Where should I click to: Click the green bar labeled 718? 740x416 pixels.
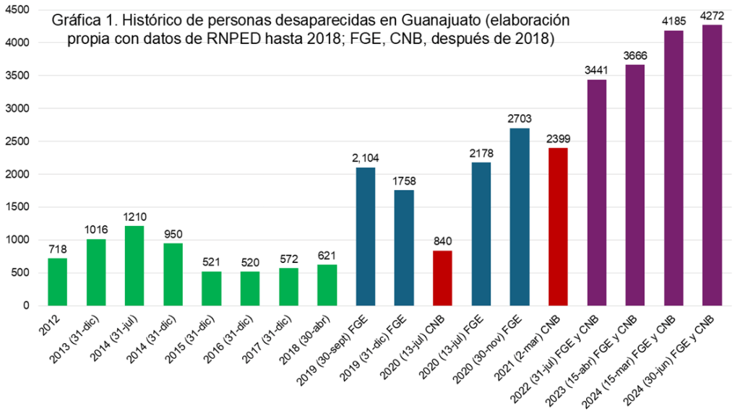[x=58, y=282]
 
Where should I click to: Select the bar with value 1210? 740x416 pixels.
[x=134, y=265]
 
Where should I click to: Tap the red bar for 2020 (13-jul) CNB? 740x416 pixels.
[x=442, y=277]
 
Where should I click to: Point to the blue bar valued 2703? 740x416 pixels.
[x=520, y=217]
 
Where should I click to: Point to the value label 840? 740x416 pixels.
[x=442, y=241]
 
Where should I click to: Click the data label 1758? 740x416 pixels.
[x=404, y=181]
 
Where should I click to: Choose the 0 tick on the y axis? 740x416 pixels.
[x=26, y=305]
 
